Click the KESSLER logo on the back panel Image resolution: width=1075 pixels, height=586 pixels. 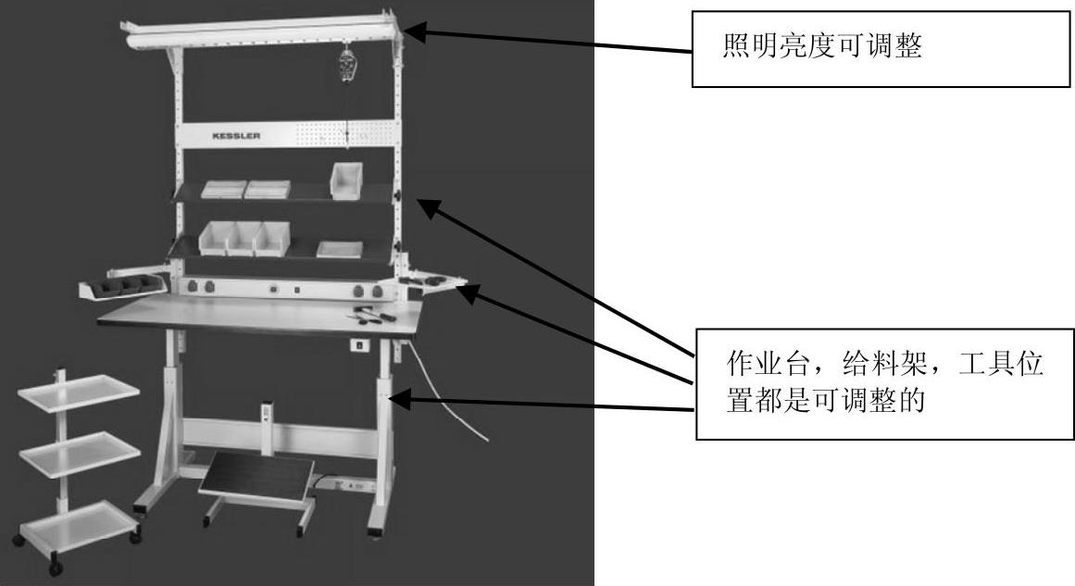pyautogui.click(x=236, y=135)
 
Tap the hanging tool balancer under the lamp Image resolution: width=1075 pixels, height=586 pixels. pyautogui.click(x=347, y=68)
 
